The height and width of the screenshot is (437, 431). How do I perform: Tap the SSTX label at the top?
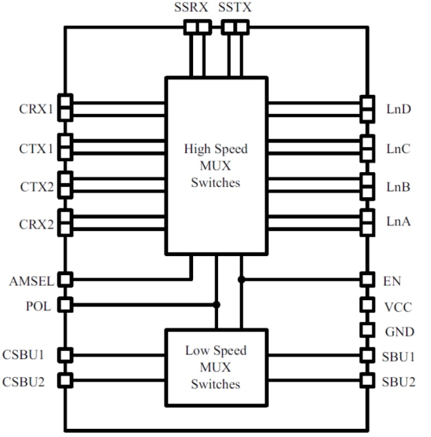pos(236,9)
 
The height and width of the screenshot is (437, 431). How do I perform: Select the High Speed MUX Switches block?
pos(216,165)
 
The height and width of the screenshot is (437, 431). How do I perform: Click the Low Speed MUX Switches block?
pos(216,367)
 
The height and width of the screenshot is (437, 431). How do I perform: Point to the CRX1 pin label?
pos(36,109)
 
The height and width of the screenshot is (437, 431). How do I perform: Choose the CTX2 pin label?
pos(36,187)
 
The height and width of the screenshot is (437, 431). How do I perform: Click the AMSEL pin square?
pos(65,280)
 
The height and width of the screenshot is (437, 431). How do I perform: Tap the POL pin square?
pos(65,304)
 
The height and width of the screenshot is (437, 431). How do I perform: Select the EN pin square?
pos(366,280)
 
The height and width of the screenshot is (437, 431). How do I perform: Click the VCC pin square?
pos(366,304)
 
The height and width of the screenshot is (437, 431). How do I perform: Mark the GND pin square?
pos(366,330)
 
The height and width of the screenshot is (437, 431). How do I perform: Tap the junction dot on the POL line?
pos(217,304)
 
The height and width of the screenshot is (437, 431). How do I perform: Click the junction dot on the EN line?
pos(241,280)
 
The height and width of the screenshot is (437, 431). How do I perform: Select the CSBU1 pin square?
pos(65,354)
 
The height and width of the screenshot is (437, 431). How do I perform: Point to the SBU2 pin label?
pos(399,381)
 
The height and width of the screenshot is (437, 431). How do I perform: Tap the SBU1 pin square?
pos(366,354)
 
